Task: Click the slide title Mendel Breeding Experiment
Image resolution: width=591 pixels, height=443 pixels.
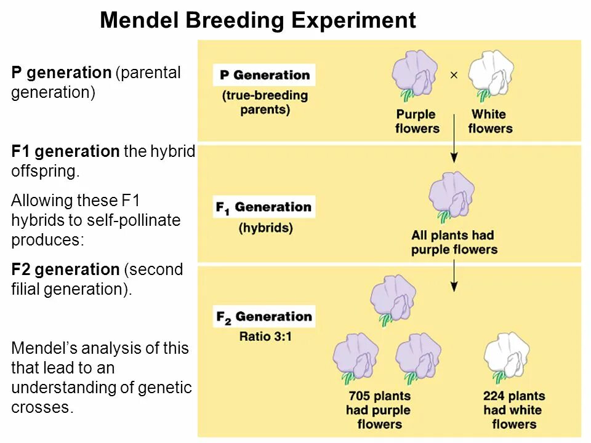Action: click(x=257, y=21)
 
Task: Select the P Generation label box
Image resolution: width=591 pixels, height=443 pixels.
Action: click(x=264, y=75)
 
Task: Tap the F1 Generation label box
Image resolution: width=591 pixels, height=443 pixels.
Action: click(x=263, y=207)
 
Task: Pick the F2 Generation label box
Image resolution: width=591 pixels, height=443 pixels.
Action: click(x=263, y=317)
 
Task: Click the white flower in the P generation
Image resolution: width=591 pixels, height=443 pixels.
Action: click(x=490, y=76)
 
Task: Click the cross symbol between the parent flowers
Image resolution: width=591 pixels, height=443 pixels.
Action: click(x=454, y=75)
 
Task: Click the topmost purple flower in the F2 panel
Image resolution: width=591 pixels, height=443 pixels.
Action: click(x=392, y=300)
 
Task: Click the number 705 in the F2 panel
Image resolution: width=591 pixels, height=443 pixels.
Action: click(x=360, y=396)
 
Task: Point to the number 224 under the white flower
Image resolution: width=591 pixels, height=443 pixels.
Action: click(x=495, y=396)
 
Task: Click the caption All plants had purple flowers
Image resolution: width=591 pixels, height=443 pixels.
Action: click(x=453, y=242)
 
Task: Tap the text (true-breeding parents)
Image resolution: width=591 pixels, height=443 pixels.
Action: click(x=265, y=103)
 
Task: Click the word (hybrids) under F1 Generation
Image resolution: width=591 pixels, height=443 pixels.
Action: click(x=265, y=228)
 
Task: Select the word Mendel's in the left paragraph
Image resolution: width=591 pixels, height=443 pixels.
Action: click(x=39, y=348)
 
